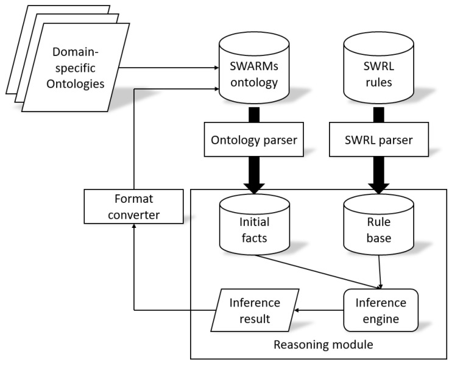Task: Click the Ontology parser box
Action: (253, 139)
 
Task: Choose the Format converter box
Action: (133, 207)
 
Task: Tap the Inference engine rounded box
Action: (381, 310)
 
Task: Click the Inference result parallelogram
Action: (255, 310)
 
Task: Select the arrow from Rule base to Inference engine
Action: (380, 272)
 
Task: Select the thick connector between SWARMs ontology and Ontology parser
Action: (253, 115)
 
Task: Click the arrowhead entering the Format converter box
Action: (133, 225)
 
